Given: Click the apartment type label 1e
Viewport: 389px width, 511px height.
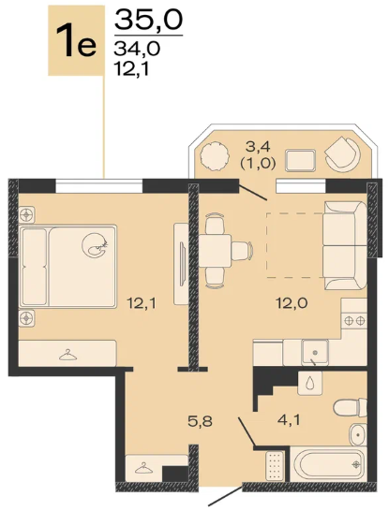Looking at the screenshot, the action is click(x=76, y=41).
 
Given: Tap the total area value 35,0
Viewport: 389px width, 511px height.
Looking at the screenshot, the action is click(x=148, y=20).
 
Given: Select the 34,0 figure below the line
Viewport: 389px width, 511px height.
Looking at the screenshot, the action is click(x=137, y=49).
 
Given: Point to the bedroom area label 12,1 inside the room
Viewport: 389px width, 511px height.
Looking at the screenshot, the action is click(x=142, y=304).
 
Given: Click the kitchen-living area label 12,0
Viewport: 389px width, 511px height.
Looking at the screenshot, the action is click(x=292, y=304).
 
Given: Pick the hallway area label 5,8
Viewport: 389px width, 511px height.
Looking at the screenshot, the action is click(x=200, y=421).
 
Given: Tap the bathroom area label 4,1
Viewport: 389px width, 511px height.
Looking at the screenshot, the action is click(x=288, y=419).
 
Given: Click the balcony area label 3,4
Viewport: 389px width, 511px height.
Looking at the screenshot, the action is click(x=258, y=147).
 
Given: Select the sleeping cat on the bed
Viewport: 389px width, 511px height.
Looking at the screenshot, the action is click(x=95, y=245).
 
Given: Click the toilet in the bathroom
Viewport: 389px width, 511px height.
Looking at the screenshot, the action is click(x=350, y=407).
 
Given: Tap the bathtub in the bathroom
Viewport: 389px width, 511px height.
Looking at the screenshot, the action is click(x=328, y=464).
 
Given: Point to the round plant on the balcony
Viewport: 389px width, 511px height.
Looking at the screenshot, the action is click(x=214, y=155).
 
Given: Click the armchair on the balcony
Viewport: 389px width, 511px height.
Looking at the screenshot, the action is click(x=342, y=153).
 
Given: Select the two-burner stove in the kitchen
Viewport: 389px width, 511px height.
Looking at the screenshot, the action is click(x=354, y=321).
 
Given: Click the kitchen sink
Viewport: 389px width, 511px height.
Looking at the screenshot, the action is click(x=315, y=352).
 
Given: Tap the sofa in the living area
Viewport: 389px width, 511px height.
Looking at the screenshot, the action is click(x=345, y=245).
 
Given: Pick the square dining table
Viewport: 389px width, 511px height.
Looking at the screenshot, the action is click(x=215, y=251).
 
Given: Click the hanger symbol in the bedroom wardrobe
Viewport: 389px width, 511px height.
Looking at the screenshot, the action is click(x=67, y=355).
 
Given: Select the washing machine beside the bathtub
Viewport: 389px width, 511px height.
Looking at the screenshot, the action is click(x=274, y=466).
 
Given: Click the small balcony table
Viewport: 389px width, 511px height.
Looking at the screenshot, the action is click(x=300, y=160).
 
